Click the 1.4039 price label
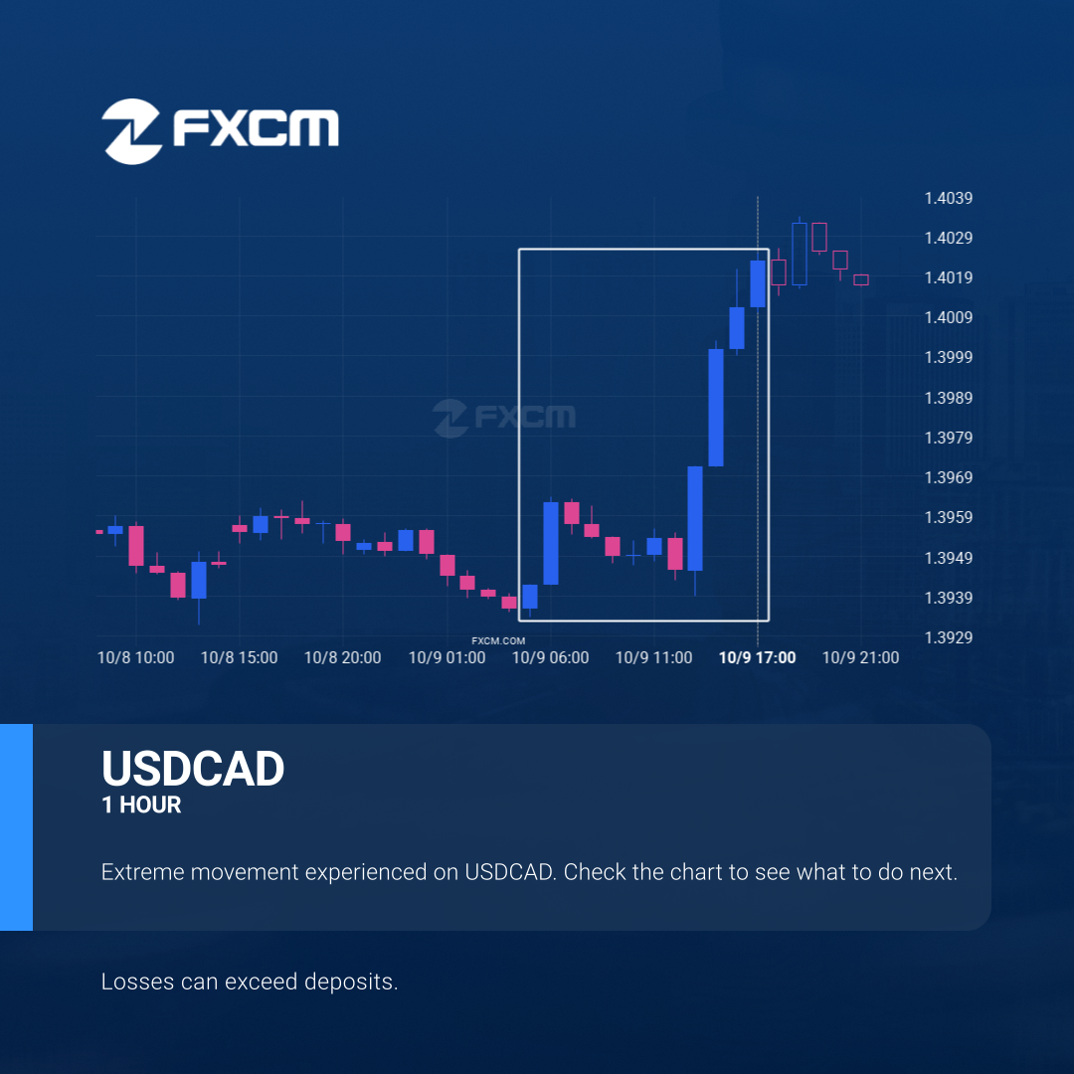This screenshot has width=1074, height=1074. click(x=948, y=198)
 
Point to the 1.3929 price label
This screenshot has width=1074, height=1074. click(x=948, y=637)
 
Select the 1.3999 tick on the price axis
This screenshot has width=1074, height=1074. click(x=948, y=357)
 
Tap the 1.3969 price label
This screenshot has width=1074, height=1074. click(x=948, y=477)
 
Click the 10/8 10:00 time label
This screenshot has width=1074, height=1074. click(x=135, y=657)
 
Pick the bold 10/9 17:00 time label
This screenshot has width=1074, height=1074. click(x=757, y=657)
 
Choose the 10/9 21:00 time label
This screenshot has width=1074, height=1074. click(x=860, y=657)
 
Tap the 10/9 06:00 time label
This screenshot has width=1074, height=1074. click(x=550, y=657)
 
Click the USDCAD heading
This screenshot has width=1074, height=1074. click(x=193, y=769)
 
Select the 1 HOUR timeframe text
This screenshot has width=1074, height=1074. click(x=141, y=805)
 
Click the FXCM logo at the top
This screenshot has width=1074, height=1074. click(x=220, y=131)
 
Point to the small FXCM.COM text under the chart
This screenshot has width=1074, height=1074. click(x=498, y=641)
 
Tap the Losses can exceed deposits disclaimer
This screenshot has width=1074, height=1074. click(x=250, y=982)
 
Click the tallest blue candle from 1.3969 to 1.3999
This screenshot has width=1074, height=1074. click(x=716, y=408)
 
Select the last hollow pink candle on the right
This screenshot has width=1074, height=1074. click(x=861, y=279)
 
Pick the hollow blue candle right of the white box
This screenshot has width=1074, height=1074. click(x=800, y=254)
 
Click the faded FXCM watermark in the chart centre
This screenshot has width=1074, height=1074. click(x=505, y=417)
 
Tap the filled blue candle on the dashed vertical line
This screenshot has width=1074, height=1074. click(x=758, y=283)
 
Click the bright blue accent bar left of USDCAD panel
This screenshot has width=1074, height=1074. click(x=17, y=826)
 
